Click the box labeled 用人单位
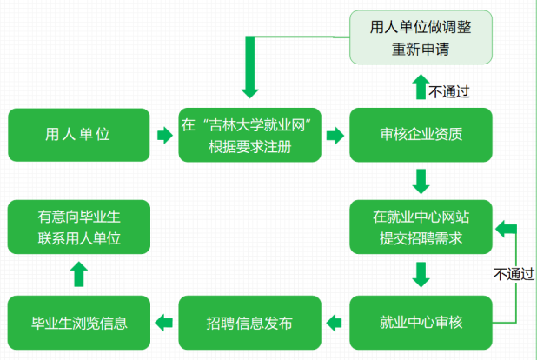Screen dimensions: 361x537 click(78, 135)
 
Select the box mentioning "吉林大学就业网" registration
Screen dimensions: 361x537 click(249, 135)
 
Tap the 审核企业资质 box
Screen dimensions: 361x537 click(421, 135)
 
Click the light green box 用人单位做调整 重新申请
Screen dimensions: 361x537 click(421, 37)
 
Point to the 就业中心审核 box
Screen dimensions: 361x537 click(421, 323)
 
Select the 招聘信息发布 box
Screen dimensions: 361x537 click(249, 323)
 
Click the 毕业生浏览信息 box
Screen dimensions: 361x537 click(78, 323)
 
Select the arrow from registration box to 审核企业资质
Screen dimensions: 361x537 click(335, 136)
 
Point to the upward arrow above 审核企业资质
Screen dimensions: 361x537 click(421, 87)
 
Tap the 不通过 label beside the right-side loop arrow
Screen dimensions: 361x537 click(514, 273)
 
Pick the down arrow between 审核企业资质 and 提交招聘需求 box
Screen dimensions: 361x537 click(421, 181)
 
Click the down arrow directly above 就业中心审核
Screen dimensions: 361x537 click(421, 275)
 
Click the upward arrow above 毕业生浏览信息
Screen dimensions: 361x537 click(78, 275)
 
